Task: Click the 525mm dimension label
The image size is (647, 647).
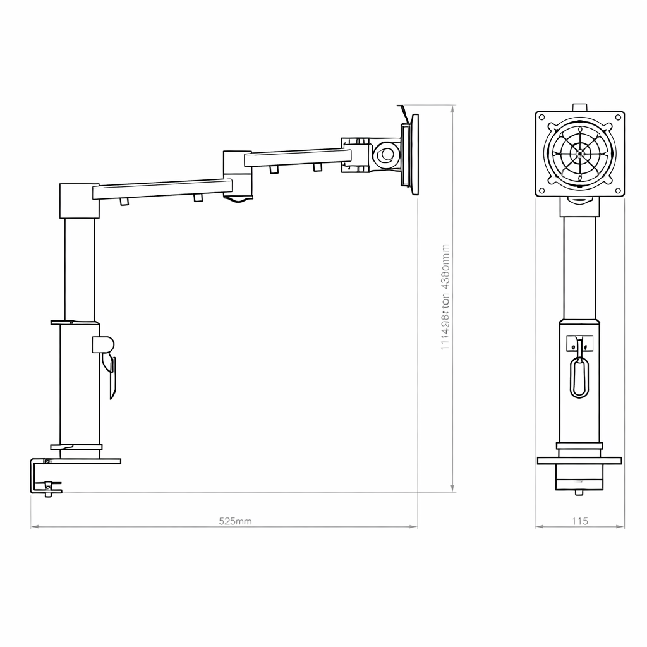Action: (x=235, y=521)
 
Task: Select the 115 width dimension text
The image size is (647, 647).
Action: (x=579, y=521)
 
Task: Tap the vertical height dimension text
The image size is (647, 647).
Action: (x=445, y=297)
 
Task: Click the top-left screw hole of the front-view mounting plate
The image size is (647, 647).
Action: (x=542, y=118)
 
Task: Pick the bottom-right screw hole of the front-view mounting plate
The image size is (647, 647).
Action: (x=618, y=190)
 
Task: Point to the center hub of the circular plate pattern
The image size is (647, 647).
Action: (x=580, y=154)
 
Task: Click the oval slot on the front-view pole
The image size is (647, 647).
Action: (x=579, y=377)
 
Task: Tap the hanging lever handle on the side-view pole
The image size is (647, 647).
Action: (x=112, y=376)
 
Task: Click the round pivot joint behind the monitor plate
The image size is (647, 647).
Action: (x=385, y=154)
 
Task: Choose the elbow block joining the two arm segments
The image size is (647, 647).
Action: (x=237, y=174)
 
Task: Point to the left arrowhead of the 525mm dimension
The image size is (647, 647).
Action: (x=33, y=526)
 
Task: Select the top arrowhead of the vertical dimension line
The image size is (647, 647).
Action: (x=452, y=108)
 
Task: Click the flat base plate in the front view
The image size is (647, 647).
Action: (x=579, y=461)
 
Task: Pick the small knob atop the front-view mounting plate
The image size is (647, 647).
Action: (x=579, y=107)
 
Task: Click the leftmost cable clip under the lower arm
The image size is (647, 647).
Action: (x=124, y=202)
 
